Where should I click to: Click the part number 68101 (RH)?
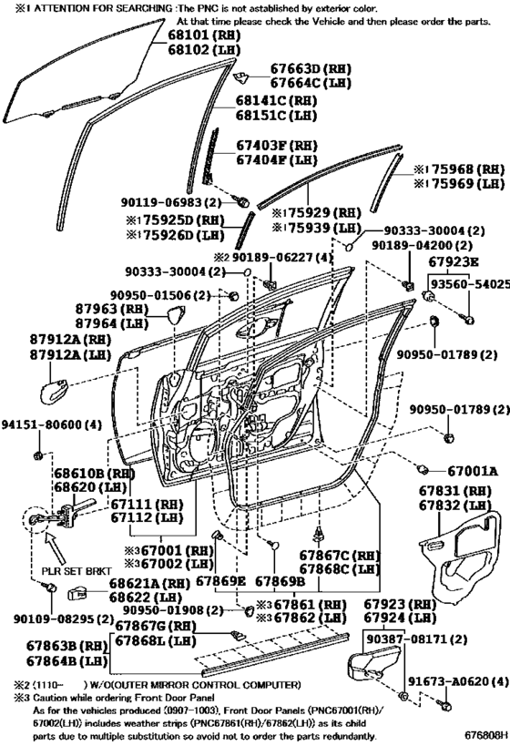204,35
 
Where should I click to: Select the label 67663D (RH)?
311,68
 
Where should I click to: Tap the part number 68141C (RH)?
277,101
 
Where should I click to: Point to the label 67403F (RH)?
277,145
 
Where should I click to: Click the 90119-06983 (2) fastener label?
171,202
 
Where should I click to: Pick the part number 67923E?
454,261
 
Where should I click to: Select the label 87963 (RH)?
112,308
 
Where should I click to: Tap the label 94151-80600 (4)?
51,424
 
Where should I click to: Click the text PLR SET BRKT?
76,570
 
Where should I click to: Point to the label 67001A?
473,471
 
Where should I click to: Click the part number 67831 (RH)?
455,491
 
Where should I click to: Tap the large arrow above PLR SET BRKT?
57,547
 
